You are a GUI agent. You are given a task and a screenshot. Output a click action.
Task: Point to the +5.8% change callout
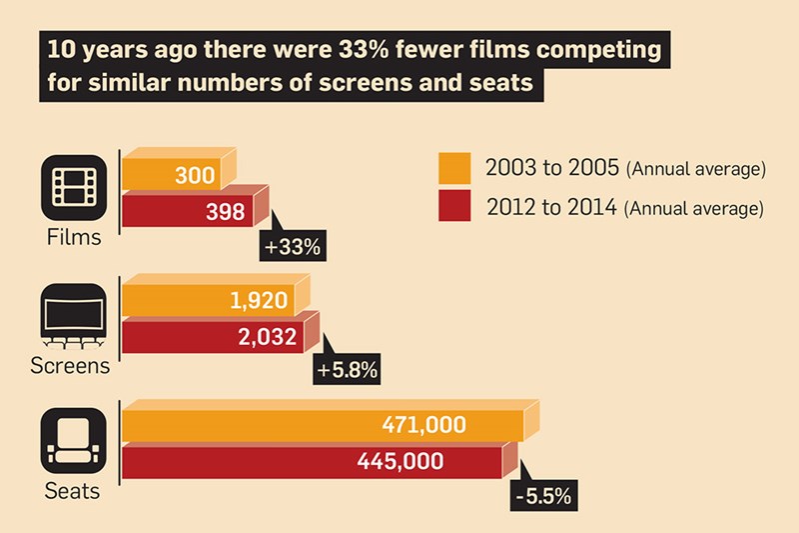tap(347, 370)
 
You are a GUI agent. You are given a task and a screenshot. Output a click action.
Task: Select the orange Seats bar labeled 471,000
tap(322, 425)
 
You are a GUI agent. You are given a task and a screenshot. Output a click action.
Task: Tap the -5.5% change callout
tap(546, 493)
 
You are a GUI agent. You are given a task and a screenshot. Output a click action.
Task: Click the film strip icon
tap(74, 187)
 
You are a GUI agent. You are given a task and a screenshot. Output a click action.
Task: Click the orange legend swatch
tap(453, 168)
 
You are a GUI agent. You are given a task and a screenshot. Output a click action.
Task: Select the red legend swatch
tap(453, 208)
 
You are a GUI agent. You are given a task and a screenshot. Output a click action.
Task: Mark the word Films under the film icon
tap(73, 238)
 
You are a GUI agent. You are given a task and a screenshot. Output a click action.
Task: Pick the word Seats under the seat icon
tap(72, 492)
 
